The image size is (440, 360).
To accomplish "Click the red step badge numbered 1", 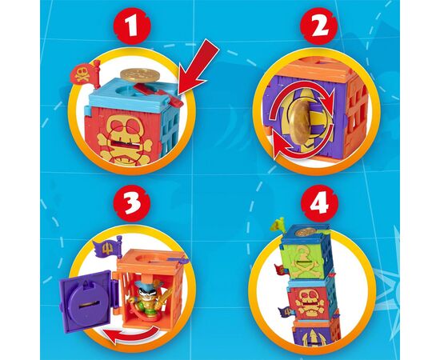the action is click(133, 26).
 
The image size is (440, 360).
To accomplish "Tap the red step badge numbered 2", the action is click(318, 26).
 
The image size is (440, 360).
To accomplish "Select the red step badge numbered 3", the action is click(132, 202).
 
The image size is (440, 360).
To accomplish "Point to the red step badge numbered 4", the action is click(319, 202).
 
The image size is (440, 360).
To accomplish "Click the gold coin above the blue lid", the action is click(140, 74).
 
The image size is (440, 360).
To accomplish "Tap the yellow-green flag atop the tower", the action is click(277, 226).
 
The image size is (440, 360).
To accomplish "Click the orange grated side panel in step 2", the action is click(356, 112).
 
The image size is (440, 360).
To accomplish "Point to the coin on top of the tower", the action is click(305, 232).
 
